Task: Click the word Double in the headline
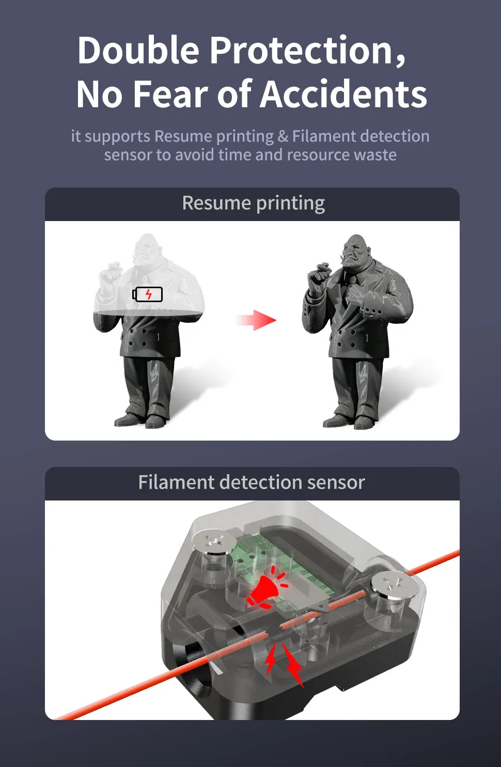click(x=138, y=50)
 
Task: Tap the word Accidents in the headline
click(x=343, y=94)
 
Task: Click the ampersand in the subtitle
click(x=283, y=136)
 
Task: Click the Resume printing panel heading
click(x=254, y=203)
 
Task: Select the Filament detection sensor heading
click(x=252, y=482)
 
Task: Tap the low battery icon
click(x=148, y=294)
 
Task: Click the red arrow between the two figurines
click(x=257, y=320)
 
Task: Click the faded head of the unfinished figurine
click(x=147, y=251)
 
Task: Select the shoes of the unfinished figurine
click(x=140, y=419)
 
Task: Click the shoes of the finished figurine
click(x=349, y=420)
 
